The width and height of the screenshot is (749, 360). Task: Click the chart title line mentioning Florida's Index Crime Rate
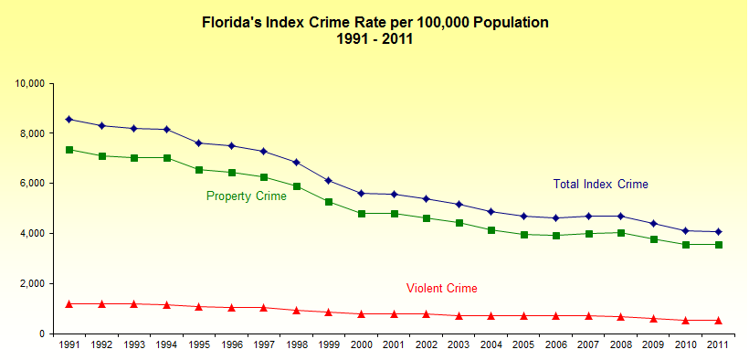375,23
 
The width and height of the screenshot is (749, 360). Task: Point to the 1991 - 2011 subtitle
375,39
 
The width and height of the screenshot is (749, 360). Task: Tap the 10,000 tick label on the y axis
30,84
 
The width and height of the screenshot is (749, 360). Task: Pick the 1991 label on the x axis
69,344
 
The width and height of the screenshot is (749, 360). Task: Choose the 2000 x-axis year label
361,344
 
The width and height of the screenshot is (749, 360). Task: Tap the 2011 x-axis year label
718,344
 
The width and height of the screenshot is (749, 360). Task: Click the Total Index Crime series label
600,184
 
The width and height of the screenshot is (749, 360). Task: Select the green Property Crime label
247,196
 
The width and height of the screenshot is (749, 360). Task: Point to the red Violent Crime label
442,289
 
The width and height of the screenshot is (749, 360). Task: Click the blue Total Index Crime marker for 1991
69,119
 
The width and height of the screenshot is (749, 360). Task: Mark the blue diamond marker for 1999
329,180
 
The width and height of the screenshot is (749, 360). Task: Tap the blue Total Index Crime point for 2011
718,231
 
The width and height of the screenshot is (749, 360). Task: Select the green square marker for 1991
69,150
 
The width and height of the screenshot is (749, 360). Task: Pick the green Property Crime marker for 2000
361,213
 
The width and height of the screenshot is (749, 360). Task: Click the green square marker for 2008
621,233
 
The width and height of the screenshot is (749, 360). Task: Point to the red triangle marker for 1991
69,303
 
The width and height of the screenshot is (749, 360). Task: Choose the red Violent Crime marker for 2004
491,316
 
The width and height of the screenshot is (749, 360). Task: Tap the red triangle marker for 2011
718,321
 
